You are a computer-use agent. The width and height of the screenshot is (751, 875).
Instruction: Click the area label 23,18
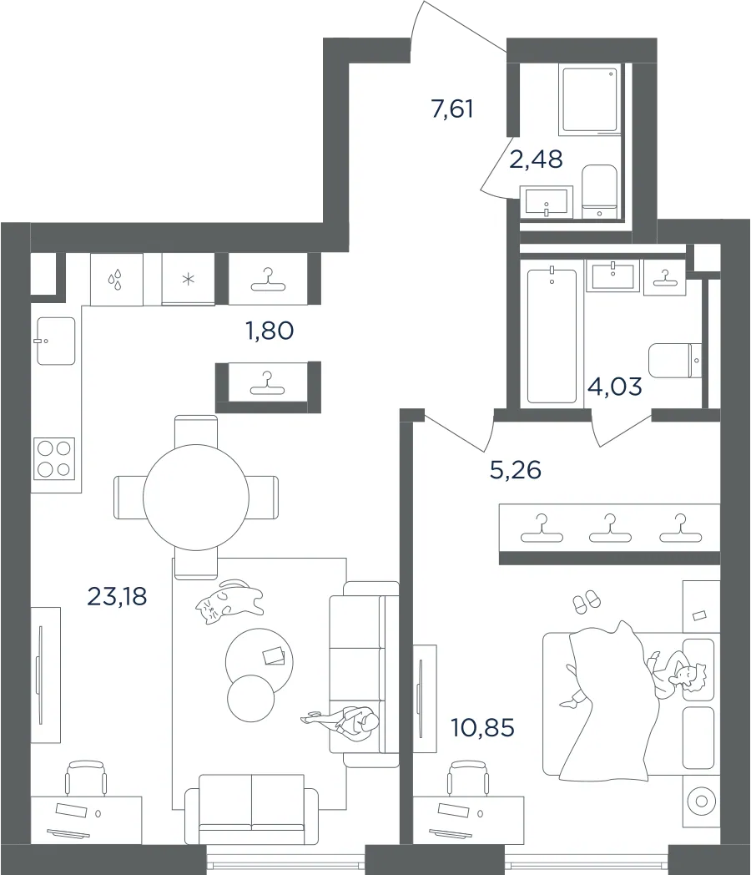(117, 596)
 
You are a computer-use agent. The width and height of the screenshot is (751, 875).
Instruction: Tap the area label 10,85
(483, 728)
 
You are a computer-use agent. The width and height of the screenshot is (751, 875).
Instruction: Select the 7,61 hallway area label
(452, 109)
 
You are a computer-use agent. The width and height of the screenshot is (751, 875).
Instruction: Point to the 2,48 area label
(536, 159)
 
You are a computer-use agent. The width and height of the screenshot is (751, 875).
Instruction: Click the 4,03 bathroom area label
(615, 387)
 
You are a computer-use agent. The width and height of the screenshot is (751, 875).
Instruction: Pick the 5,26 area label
(516, 470)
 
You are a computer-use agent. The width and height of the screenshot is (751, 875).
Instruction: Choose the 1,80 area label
(270, 331)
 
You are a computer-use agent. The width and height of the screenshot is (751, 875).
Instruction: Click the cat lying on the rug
(229, 601)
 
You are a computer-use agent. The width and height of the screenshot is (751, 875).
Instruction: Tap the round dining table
(196, 498)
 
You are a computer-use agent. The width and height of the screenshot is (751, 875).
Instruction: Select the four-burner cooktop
(54, 458)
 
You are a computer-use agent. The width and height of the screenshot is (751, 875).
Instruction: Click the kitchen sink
(56, 341)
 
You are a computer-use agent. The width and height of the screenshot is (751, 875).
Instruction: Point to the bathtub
(552, 336)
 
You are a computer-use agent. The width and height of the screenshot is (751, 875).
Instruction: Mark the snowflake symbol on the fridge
(189, 279)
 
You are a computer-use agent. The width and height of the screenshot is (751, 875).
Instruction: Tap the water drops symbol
(115, 281)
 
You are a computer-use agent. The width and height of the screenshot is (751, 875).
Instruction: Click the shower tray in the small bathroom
(590, 100)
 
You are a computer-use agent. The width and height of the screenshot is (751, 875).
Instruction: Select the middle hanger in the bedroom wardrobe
(610, 529)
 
